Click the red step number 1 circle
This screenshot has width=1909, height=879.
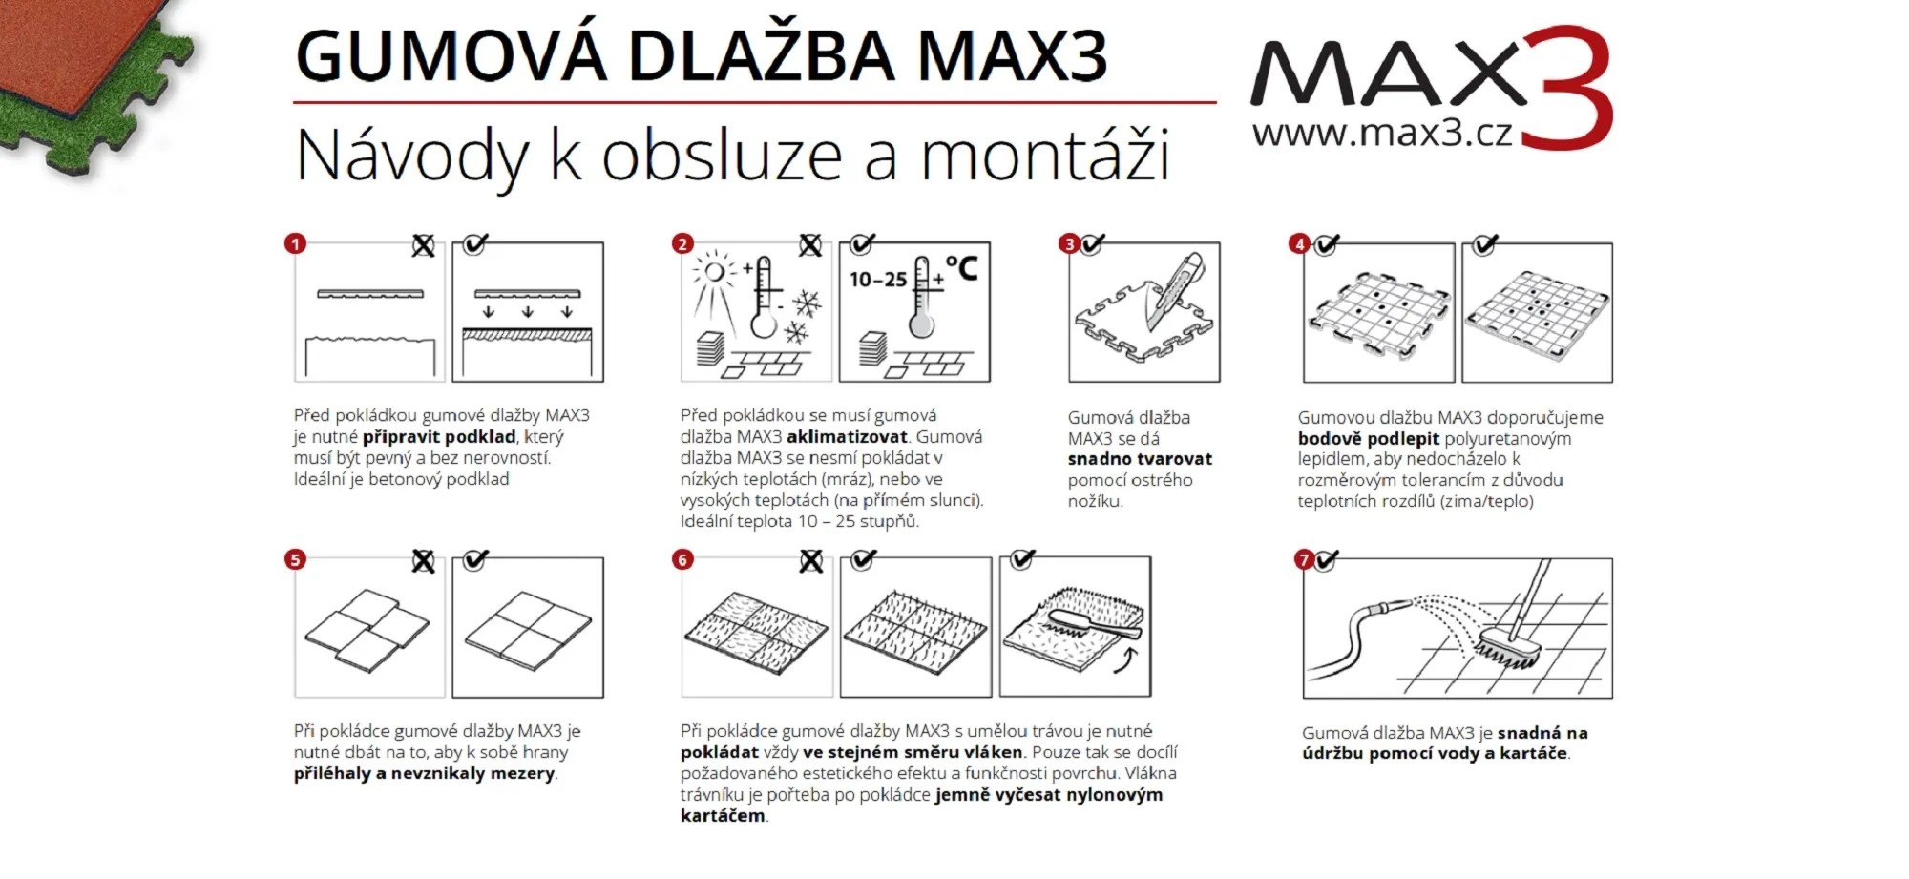(295, 244)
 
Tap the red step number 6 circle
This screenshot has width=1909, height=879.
(682, 559)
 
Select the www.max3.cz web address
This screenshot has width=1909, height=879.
(1382, 133)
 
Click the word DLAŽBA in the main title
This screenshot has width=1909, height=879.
(761, 56)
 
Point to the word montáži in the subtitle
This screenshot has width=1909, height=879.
(1044, 156)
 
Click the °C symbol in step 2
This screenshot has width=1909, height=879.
(962, 268)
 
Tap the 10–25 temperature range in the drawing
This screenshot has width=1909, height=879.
(878, 280)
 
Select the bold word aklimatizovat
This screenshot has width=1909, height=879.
(847, 437)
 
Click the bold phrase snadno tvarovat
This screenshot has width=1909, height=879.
(1140, 459)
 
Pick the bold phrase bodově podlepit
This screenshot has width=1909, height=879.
(1368, 439)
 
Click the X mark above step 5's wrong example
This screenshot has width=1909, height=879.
(423, 561)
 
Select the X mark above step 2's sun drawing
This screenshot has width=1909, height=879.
(810, 245)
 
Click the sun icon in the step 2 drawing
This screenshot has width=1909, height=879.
(713, 272)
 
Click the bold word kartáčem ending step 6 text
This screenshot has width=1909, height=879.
(723, 816)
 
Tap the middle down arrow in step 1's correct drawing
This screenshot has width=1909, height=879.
(527, 312)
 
